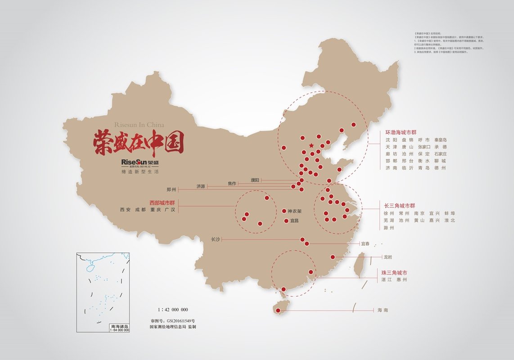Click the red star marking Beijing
click(x=311, y=145)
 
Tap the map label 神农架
click(x=295, y=211)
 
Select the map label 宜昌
click(x=294, y=220)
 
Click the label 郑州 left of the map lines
click(x=171, y=189)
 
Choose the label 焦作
click(x=232, y=183)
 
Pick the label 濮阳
click(x=255, y=180)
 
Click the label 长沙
click(x=216, y=239)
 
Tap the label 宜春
click(x=365, y=244)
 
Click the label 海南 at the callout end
click(x=383, y=310)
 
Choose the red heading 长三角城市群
click(x=400, y=206)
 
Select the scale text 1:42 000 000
click(x=173, y=310)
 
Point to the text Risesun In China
click(x=140, y=125)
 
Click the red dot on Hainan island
click(x=277, y=310)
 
